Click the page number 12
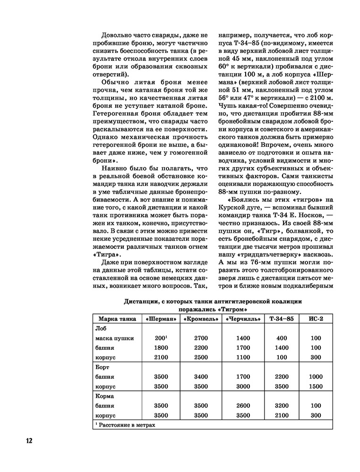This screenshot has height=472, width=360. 29,441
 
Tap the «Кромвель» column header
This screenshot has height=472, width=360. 201,319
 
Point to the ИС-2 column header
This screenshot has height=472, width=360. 316,319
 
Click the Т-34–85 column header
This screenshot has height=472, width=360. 281,319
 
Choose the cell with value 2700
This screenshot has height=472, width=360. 201,338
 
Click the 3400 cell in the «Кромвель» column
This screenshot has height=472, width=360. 201,377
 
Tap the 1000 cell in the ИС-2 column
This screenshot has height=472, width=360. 316,377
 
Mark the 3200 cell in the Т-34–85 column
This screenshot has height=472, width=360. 281,405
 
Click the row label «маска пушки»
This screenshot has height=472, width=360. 115,338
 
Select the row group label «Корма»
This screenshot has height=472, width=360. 105,396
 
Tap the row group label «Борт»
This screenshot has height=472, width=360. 103,367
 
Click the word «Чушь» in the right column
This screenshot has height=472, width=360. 227,106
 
